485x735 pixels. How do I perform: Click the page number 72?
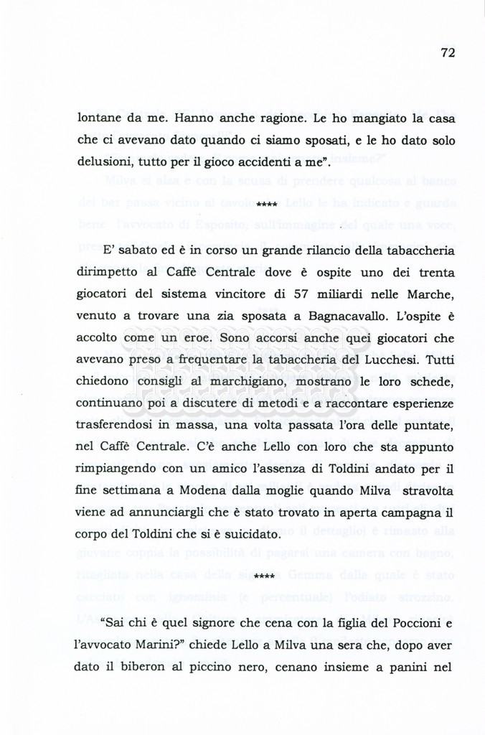[448, 52]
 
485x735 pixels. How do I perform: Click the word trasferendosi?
[121, 426]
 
